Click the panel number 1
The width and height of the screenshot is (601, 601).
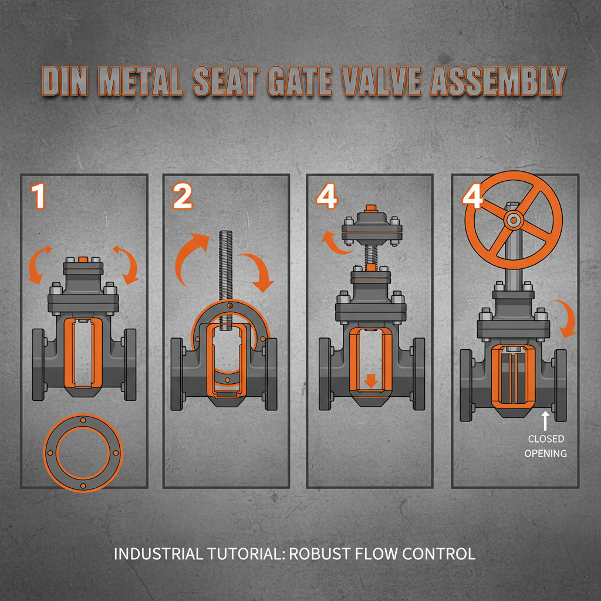click(39, 197)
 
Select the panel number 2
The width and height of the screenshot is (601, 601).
click(183, 197)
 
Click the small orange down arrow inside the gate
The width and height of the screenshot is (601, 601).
click(370, 381)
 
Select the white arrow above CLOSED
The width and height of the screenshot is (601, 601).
click(545, 421)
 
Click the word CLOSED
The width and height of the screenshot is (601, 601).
click(546, 439)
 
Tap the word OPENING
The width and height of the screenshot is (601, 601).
click(546, 453)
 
